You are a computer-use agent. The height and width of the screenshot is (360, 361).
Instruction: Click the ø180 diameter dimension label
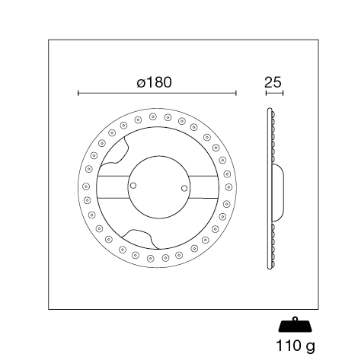[x=154, y=82]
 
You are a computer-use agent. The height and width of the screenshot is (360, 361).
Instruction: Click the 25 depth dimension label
[x=273, y=82]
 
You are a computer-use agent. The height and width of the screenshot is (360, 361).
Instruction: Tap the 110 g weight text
[x=296, y=346]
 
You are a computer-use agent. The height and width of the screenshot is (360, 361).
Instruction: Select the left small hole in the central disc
[x=133, y=186]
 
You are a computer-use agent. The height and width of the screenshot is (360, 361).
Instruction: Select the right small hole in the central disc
[x=184, y=189]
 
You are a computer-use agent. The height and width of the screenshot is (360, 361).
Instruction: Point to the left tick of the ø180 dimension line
[x=78, y=94]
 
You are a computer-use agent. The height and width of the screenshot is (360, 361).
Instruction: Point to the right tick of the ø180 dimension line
[x=236, y=94]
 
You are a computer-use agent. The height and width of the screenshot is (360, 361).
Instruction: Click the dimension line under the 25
[x=274, y=94]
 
